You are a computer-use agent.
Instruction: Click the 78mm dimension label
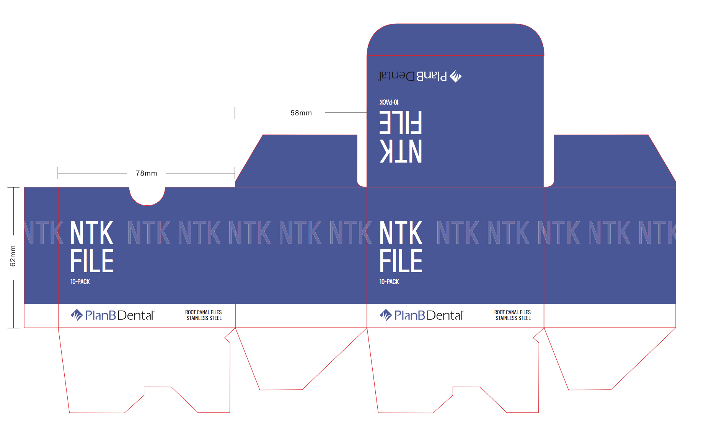click(146, 173)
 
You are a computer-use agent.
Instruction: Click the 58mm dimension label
click(301, 113)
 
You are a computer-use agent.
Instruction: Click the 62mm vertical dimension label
click(13, 256)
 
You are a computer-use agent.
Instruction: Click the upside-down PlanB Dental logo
click(420, 76)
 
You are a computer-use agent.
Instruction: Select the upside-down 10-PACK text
click(389, 102)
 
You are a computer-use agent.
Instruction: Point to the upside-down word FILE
click(400, 122)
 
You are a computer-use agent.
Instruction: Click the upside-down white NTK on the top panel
click(400, 151)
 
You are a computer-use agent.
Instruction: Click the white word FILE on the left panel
click(92, 261)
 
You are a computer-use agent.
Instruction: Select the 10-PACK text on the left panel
click(80, 282)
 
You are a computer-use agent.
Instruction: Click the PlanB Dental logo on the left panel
click(112, 315)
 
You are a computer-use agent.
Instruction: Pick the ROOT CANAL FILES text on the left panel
click(203, 312)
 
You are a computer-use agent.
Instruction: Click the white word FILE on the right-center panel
click(401, 261)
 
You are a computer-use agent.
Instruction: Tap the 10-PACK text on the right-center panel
click(389, 282)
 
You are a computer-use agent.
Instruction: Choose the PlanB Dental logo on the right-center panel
click(421, 315)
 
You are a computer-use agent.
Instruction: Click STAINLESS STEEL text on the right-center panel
click(513, 318)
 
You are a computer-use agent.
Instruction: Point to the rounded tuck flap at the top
click(455, 40)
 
